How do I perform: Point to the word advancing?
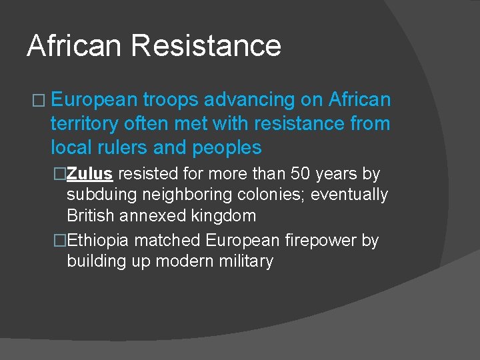point(253,100)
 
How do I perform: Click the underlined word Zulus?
point(89,174)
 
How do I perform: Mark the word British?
point(89,215)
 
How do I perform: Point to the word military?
point(243,261)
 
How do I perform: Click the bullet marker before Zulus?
point(60,174)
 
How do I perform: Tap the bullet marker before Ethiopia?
point(60,240)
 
